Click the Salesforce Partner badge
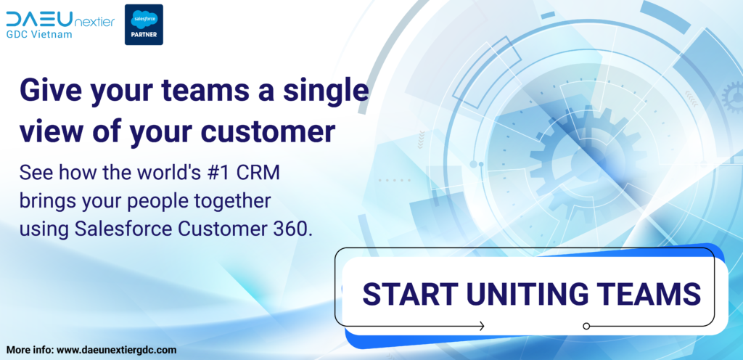point(144,25)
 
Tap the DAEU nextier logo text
point(60,19)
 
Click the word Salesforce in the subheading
point(123,229)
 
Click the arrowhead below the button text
point(482,326)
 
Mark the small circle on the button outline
point(586,326)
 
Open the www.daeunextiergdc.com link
point(117,351)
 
